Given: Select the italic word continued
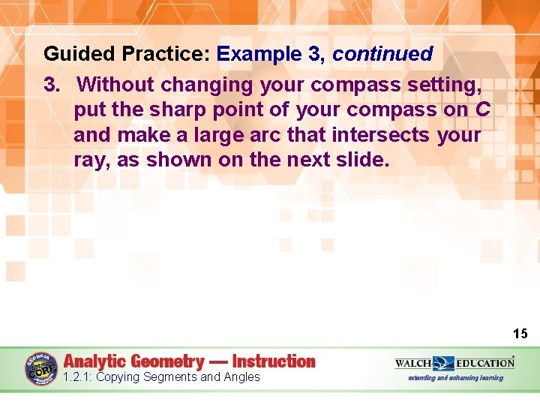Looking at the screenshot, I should [x=382, y=55].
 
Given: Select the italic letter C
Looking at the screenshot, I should [x=483, y=110].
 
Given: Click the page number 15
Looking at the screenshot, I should [x=520, y=334].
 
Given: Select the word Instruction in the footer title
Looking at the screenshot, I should [x=274, y=361].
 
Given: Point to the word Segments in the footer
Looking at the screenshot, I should [x=168, y=377].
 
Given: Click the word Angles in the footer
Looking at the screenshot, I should [x=240, y=377].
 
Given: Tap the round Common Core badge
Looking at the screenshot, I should [x=42, y=369].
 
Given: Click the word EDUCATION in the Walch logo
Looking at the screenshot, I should [x=485, y=363].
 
